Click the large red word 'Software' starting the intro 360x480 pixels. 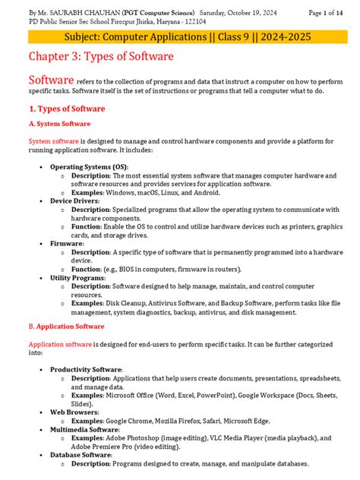(x=51, y=81)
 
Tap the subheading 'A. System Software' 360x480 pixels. (x=59, y=124)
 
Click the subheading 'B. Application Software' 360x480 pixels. (x=66, y=326)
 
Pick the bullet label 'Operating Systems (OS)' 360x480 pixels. (x=89, y=166)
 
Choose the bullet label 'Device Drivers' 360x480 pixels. (x=75, y=201)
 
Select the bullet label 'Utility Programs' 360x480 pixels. (x=80, y=279)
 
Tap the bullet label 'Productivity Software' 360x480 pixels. (x=86, y=369)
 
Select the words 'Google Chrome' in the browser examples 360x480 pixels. (x=136, y=421)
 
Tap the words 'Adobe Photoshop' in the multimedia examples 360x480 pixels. (x=141, y=438)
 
